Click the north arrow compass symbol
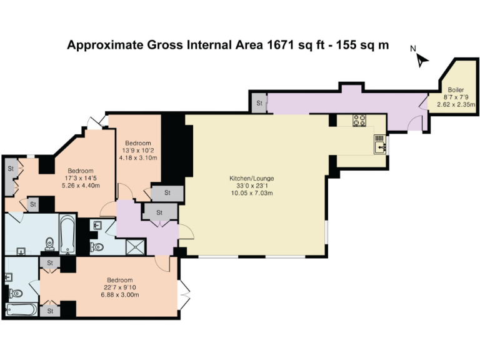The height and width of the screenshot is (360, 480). pyautogui.click(x=421, y=59)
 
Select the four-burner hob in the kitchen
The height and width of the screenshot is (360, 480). pyautogui.click(x=360, y=120)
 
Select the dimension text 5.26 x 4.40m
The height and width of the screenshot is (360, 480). pyautogui.click(x=81, y=186)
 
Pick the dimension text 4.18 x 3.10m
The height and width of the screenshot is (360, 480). pyautogui.click(x=137, y=158)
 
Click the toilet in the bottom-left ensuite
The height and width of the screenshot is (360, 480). pyautogui.click(x=16, y=293)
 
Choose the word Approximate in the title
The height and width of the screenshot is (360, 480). pyautogui.click(x=102, y=45)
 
